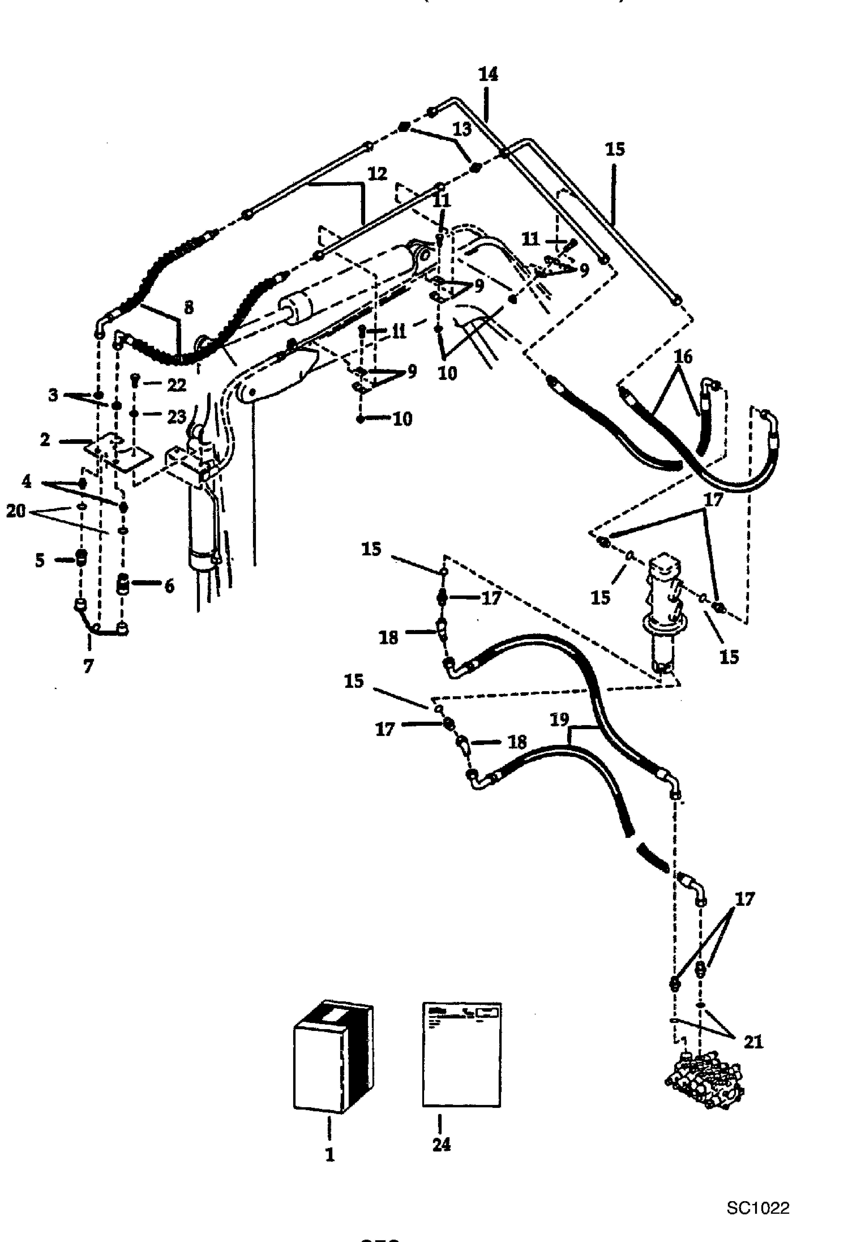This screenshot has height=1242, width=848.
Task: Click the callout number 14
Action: [488, 74]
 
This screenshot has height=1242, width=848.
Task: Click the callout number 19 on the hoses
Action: [559, 719]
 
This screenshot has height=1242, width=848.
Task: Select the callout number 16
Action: [683, 357]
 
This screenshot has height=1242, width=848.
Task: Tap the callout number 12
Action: [377, 173]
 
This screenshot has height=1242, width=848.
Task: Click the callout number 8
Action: [189, 307]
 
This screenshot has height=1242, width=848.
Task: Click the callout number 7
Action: [88, 667]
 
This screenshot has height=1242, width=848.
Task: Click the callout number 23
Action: [177, 416]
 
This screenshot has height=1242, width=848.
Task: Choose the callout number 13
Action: [462, 129]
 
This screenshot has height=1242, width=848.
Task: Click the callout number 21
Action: [753, 1041]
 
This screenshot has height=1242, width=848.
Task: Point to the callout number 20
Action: [16, 511]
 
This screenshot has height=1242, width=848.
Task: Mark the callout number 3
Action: [53, 395]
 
